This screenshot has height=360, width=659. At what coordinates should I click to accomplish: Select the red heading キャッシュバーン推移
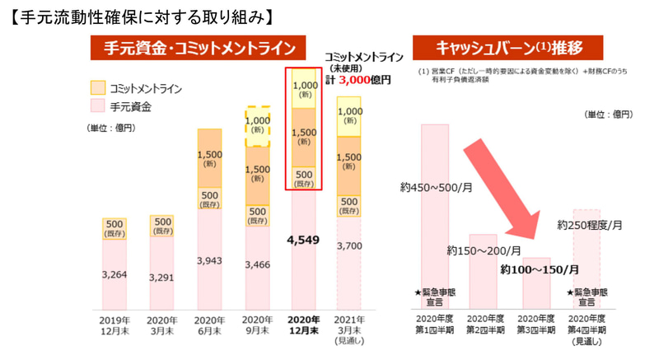(x=509, y=48)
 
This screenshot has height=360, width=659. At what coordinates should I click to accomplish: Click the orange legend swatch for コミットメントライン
(x=96, y=87)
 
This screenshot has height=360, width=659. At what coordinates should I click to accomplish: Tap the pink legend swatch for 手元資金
(x=96, y=106)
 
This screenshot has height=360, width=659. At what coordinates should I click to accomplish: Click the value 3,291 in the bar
(x=161, y=277)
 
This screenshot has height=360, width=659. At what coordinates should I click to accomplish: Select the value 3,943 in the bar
(x=209, y=260)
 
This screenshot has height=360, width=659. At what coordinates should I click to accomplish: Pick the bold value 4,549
(x=303, y=241)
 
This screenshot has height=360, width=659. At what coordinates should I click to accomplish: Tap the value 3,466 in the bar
(x=257, y=264)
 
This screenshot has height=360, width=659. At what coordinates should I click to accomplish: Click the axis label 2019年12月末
(x=114, y=325)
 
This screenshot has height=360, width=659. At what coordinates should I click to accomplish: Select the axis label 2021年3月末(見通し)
(x=350, y=330)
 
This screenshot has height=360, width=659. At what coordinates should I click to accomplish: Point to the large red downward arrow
(x=511, y=198)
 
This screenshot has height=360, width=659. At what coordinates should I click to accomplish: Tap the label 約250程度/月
(x=590, y=224)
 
